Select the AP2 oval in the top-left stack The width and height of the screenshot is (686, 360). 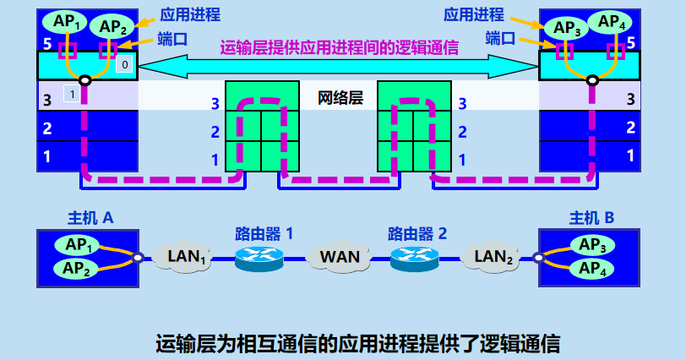coord(112,27)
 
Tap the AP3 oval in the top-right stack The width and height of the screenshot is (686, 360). coord(566,27)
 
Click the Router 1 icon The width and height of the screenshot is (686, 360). coord(258,256)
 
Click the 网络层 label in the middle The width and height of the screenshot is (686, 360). coord(340,97)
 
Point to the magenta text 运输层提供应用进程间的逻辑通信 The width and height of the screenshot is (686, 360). coord(340,48)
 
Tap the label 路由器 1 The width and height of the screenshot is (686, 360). coord(264,232)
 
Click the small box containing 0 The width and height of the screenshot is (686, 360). coord(124,64)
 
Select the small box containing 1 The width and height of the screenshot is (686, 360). coord(73,94)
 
